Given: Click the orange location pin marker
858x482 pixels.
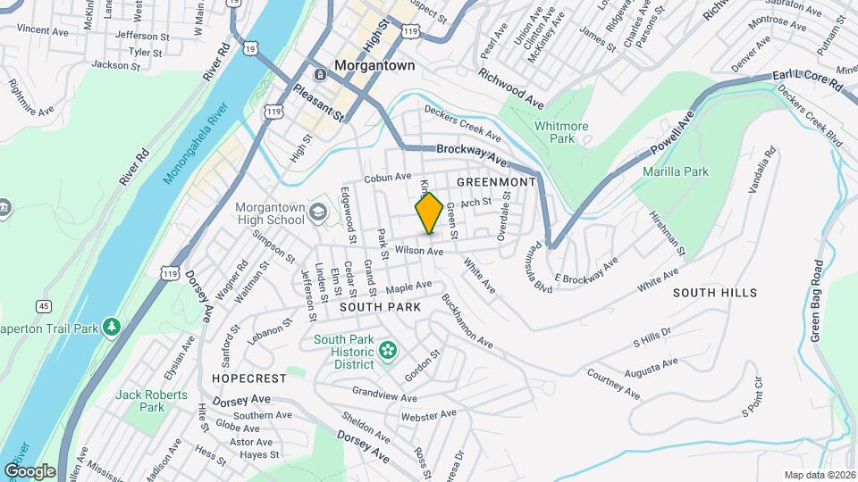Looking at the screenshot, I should (x=429, y=212).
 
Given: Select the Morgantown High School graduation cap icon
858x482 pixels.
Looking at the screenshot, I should (x=318, y=213).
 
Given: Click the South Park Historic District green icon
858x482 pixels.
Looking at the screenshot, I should (x=387, y=349).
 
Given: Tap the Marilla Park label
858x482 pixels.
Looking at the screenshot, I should (x=676, y=170).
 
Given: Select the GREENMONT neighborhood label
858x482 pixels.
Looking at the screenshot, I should (x=495, y=181).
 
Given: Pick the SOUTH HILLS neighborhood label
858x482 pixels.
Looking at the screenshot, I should (x=715, y=293).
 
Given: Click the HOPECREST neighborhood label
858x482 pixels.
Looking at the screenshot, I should (x=249, y=378).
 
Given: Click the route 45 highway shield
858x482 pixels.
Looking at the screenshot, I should (x=44, y=306).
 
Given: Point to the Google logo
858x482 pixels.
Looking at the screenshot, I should (x=29, y=470).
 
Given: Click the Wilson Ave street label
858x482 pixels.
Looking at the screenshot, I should (x=419, y=252).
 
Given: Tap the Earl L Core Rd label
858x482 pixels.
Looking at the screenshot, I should (x=809, y=82).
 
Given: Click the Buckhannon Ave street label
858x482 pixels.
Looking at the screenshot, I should (x=467, y=321).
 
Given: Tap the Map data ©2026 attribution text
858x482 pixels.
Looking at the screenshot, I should (x=819, y=475).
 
